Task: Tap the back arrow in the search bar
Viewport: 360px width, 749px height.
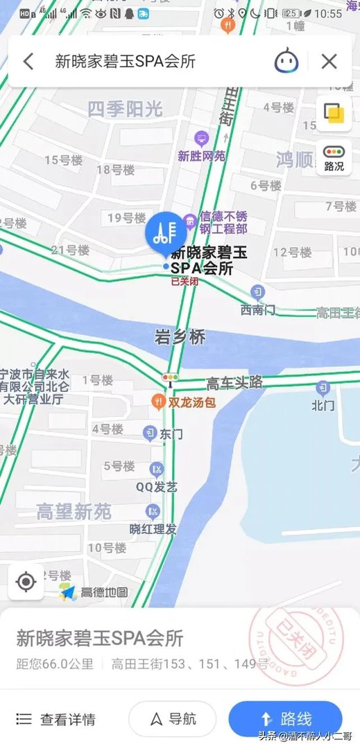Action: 28,62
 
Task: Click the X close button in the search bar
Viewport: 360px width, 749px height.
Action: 329,62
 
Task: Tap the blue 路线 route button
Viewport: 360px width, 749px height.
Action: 285,718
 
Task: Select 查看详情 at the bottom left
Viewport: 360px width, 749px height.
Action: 56,719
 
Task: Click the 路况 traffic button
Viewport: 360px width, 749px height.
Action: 334,158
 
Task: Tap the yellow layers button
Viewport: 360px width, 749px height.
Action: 334,113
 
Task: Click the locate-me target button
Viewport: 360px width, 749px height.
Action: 26,582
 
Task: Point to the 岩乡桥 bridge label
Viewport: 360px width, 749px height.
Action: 180,338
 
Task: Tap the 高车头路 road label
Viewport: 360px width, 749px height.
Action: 235,383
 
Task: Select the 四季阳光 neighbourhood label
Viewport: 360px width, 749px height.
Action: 125,108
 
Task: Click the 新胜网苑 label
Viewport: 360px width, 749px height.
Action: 202,156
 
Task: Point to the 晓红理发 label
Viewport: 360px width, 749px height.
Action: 153,529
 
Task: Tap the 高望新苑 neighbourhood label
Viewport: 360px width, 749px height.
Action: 74,513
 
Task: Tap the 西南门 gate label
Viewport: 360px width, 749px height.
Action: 258,309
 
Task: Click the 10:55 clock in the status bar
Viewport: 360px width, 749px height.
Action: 328,13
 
